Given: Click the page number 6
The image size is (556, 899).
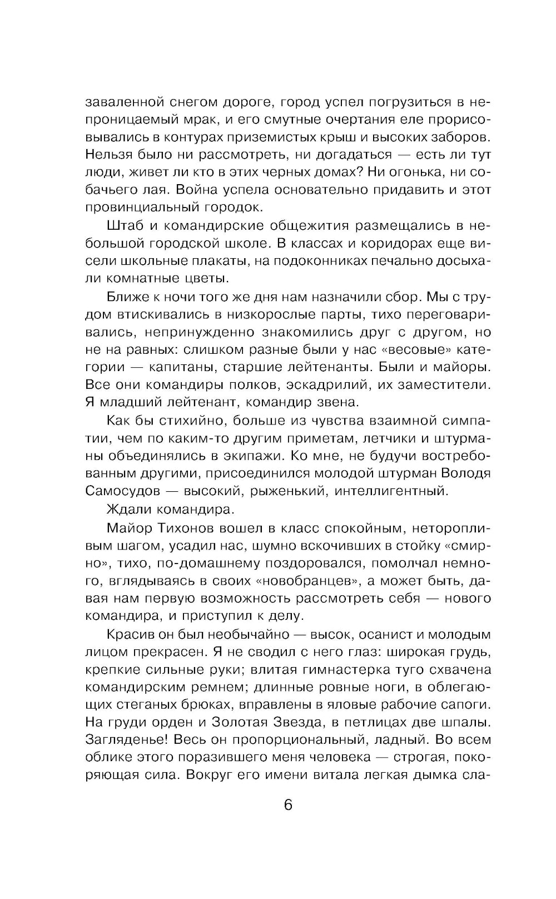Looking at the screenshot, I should (x=287, y=805).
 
